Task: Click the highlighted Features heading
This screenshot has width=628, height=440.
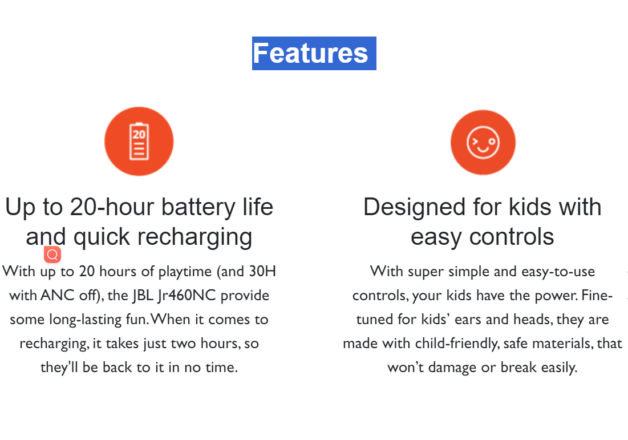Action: [x=314, y=53]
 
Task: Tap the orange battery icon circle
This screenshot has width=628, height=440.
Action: [x=139, y=142]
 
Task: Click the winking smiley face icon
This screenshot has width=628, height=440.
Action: [x=483, y=142]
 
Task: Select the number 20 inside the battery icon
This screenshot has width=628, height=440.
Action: [x=139, y=134]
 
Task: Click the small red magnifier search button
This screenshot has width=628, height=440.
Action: [x=52, y=255]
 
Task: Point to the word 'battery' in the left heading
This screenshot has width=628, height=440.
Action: [x=198, y=208]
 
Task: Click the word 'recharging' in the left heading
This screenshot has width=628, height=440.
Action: [x=195, y=237]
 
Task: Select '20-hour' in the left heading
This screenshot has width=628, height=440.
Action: [x=112, y=207]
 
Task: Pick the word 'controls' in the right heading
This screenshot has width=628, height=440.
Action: [x=512, y=237]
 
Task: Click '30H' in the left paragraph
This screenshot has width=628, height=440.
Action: [x=262, y=271]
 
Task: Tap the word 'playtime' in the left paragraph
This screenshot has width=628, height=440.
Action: [x=185, y=272]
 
